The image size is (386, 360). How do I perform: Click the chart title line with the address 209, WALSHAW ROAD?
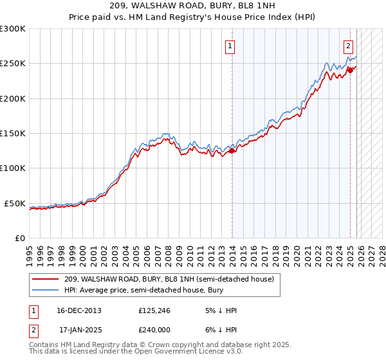192,6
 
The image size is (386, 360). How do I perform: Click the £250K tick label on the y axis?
13,64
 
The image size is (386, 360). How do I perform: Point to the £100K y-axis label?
13,168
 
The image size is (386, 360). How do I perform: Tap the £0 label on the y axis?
20,238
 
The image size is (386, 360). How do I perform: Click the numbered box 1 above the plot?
230,46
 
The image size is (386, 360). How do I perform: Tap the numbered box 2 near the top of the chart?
348,46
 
